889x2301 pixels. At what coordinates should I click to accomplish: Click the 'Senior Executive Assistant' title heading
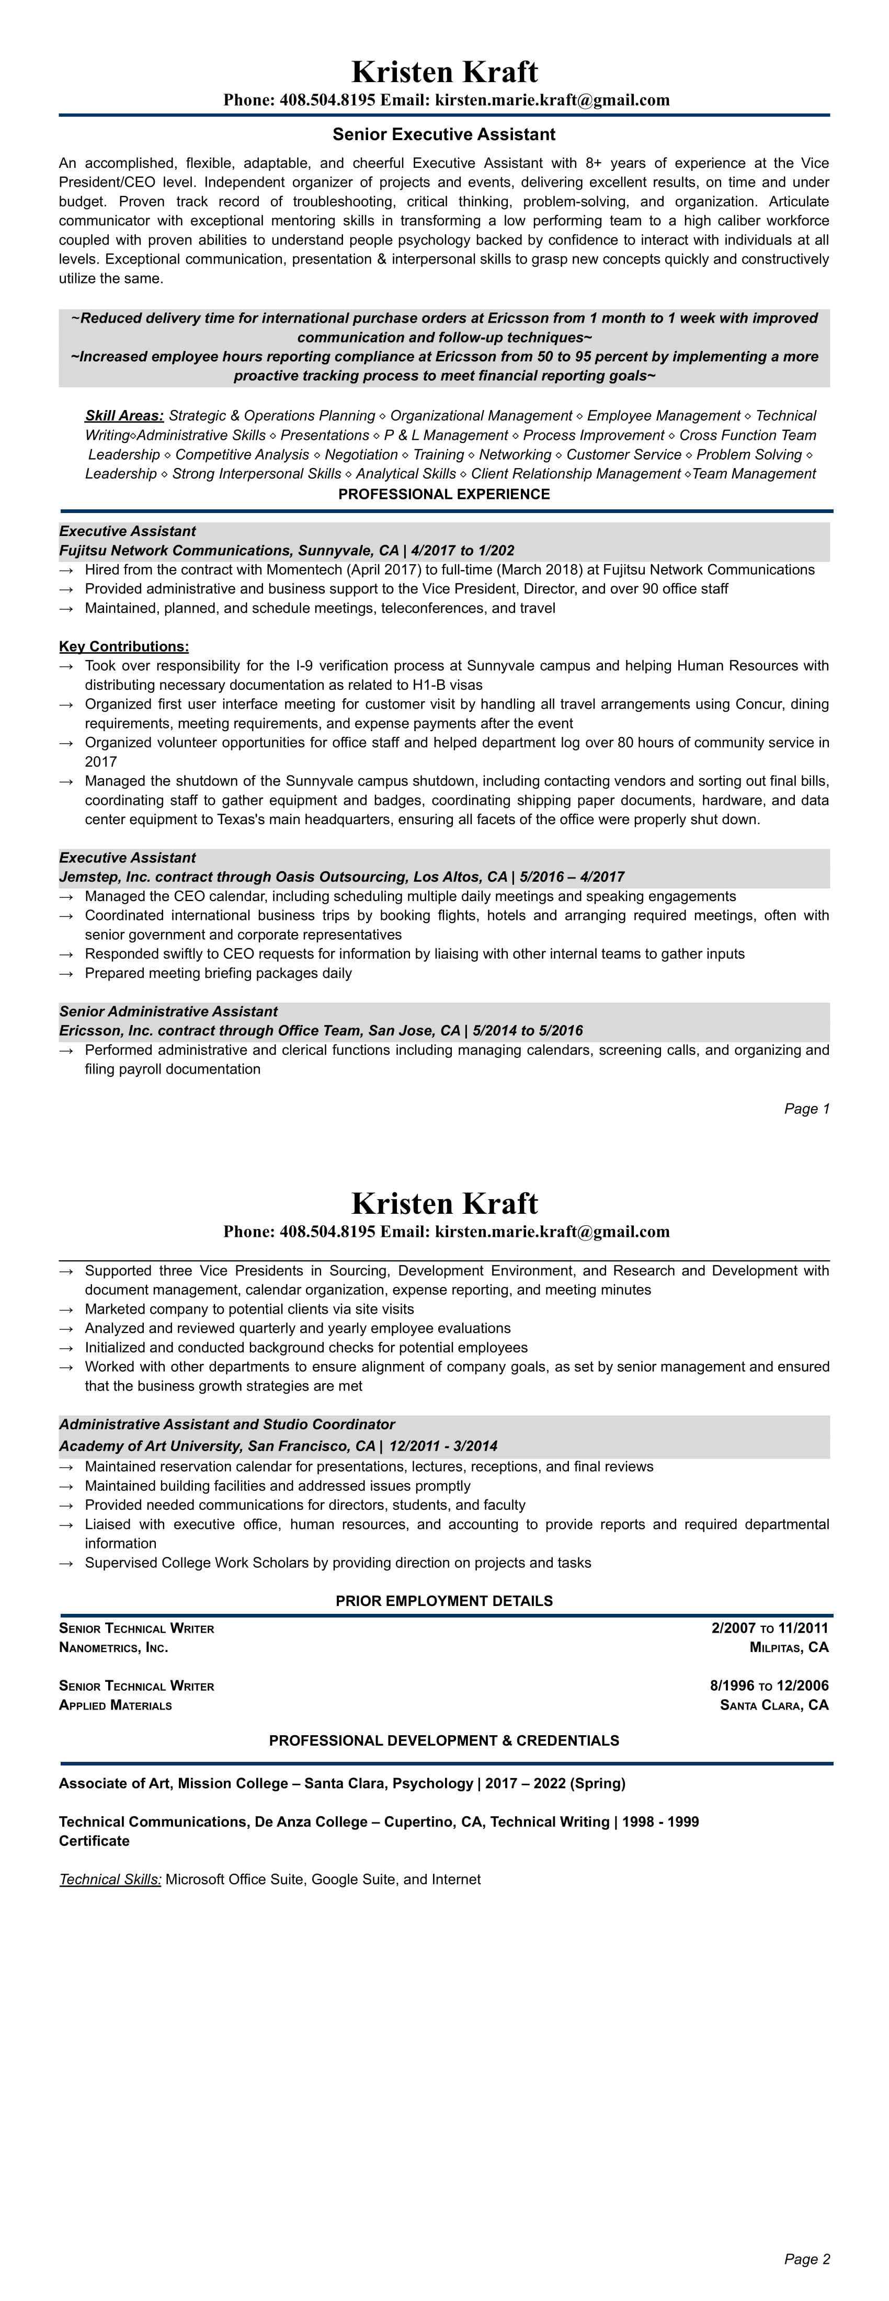(x=444, y=135)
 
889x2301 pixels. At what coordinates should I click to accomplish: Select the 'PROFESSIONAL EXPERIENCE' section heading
(x=444, y=494)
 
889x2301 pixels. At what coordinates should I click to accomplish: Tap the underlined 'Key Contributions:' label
(x=123, y=647)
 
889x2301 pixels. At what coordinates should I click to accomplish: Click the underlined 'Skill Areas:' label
(x=124, y=415)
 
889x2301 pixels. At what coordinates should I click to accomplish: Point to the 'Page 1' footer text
(x=807, y=1109)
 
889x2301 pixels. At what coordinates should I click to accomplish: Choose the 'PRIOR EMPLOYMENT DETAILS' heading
(x=444, y=1601)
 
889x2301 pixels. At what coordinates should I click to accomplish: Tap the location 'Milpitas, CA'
(x=789, y=1647)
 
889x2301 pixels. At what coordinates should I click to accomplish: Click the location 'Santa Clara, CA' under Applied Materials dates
(x=774, y=1705)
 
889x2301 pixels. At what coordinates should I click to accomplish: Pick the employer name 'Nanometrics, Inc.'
(x=113, y=1647)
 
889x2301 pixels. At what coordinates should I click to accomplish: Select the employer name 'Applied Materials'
(x=115, y=1705)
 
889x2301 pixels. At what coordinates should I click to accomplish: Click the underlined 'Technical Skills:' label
(x=110, y=1879)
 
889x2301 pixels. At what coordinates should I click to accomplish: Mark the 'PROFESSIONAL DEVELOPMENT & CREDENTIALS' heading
(x=444, y=1741)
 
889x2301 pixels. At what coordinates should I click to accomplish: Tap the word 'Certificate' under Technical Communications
(x=94, y=1841)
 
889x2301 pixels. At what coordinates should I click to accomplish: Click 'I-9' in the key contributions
(x=305, y=666)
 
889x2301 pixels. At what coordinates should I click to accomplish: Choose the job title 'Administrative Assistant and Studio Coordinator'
(x=227, y=1425)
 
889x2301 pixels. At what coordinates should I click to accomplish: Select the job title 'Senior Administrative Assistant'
(x=168, y=1011)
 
